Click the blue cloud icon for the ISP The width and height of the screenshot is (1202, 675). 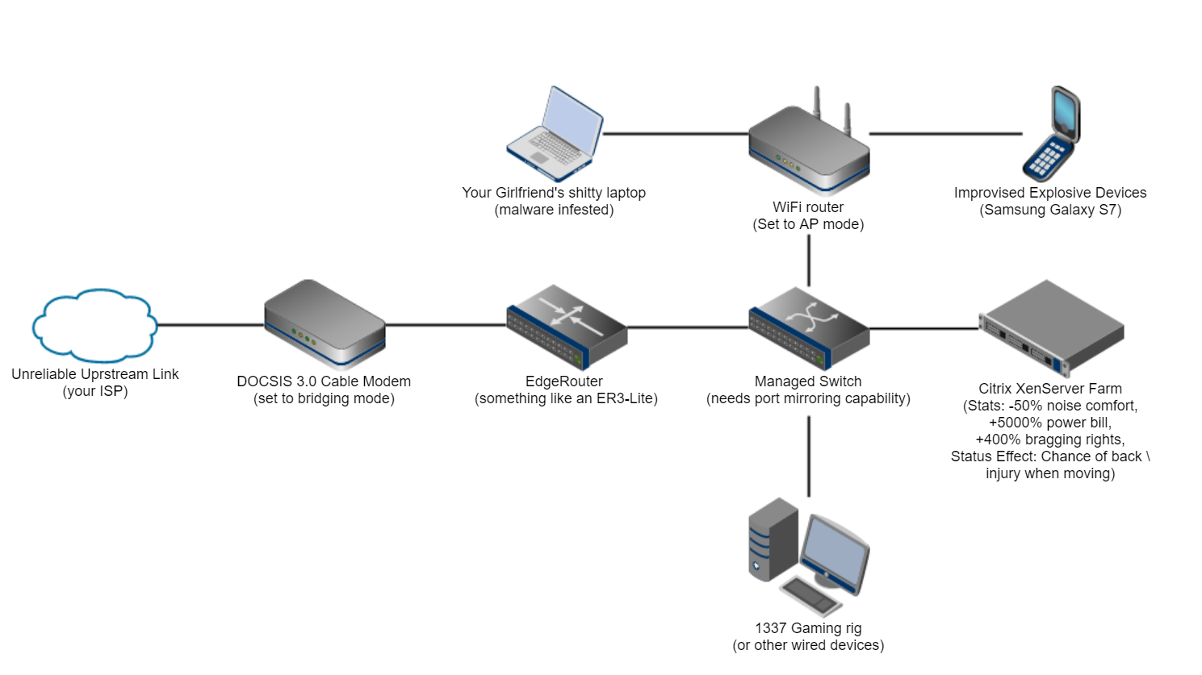tap(94, 325)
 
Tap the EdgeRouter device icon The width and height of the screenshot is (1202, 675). tap(567, 327)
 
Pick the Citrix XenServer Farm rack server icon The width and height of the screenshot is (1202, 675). tap(1051, 327)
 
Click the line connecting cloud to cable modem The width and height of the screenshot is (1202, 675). tap(210, 325)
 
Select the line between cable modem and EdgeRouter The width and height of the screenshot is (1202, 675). tap(446, 325)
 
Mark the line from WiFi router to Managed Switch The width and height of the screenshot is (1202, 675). tap(809, 260)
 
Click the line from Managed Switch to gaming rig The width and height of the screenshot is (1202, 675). tap(809, 456)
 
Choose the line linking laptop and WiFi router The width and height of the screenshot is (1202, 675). tap(676, 134)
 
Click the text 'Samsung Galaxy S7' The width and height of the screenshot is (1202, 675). tap(1050, 210)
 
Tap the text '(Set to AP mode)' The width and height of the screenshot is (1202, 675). tap(808, 224)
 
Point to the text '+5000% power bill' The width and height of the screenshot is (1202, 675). tap(1050, 423)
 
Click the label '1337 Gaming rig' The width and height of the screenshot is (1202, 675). tap(808, 627)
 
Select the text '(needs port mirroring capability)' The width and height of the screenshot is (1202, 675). tap(808, 398)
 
